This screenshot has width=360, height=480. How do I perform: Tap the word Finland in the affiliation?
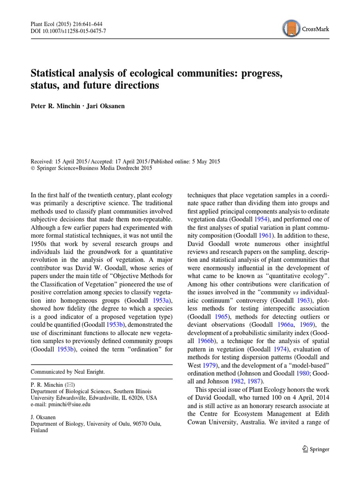pos(39,430)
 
